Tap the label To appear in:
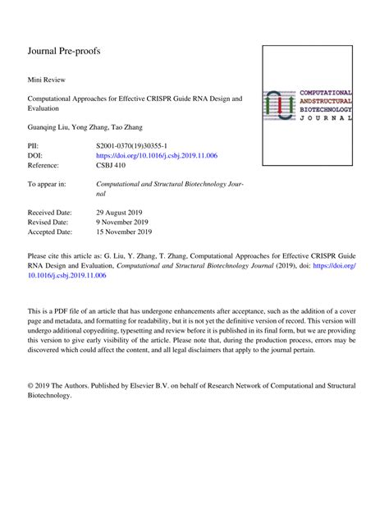47,185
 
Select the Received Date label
50,213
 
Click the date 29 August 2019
121,213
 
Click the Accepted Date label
50,232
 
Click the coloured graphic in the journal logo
282,103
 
